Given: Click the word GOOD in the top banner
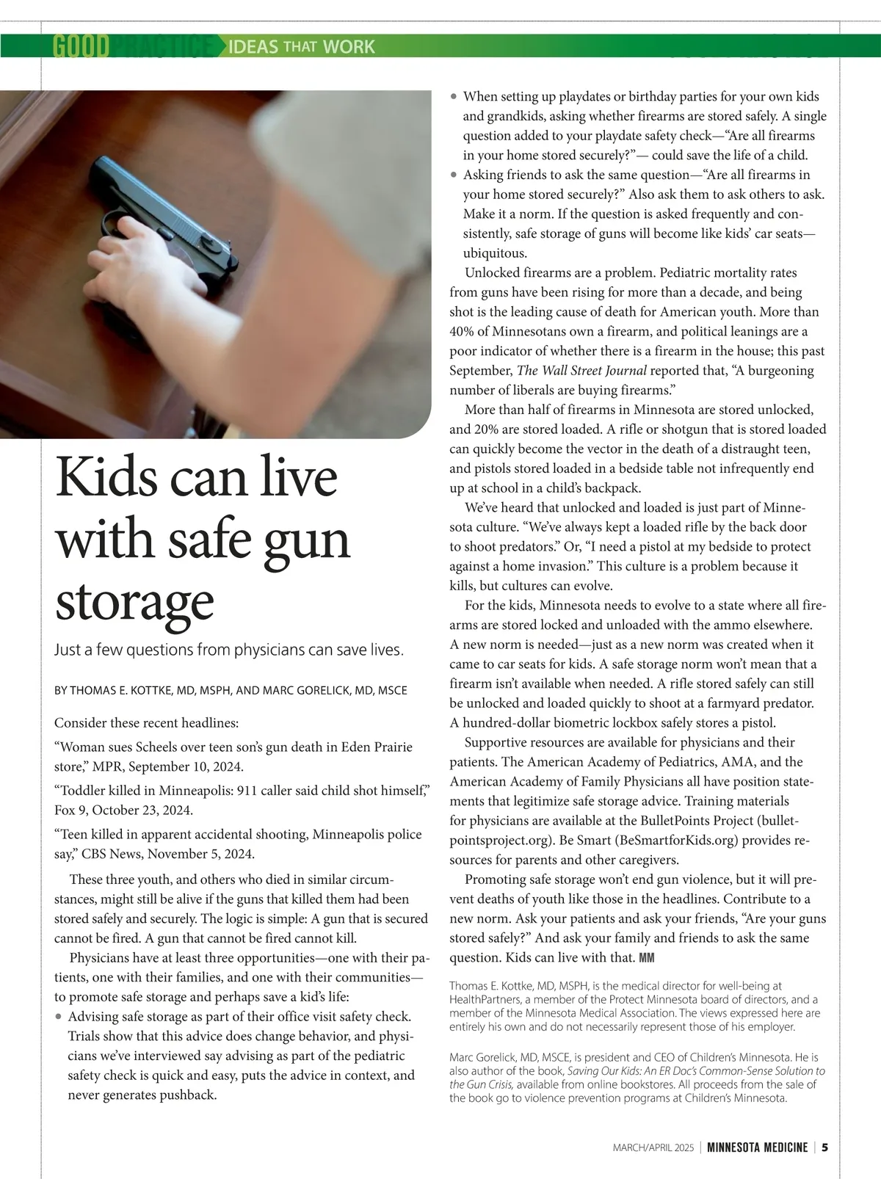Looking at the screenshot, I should tap(81, 47).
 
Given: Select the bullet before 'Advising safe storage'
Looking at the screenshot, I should tap(59, 1017).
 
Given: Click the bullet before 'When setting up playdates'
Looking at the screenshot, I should tap(454, 97).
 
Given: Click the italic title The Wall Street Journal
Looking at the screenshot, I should tap(582, 371).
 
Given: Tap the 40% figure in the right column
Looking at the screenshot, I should tap(464, 331).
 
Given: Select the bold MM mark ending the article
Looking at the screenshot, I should tap(647, 958).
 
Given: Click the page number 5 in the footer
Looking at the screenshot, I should tap(825, 1147).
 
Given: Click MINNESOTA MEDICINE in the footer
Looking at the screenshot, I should tap(757, 1147).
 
